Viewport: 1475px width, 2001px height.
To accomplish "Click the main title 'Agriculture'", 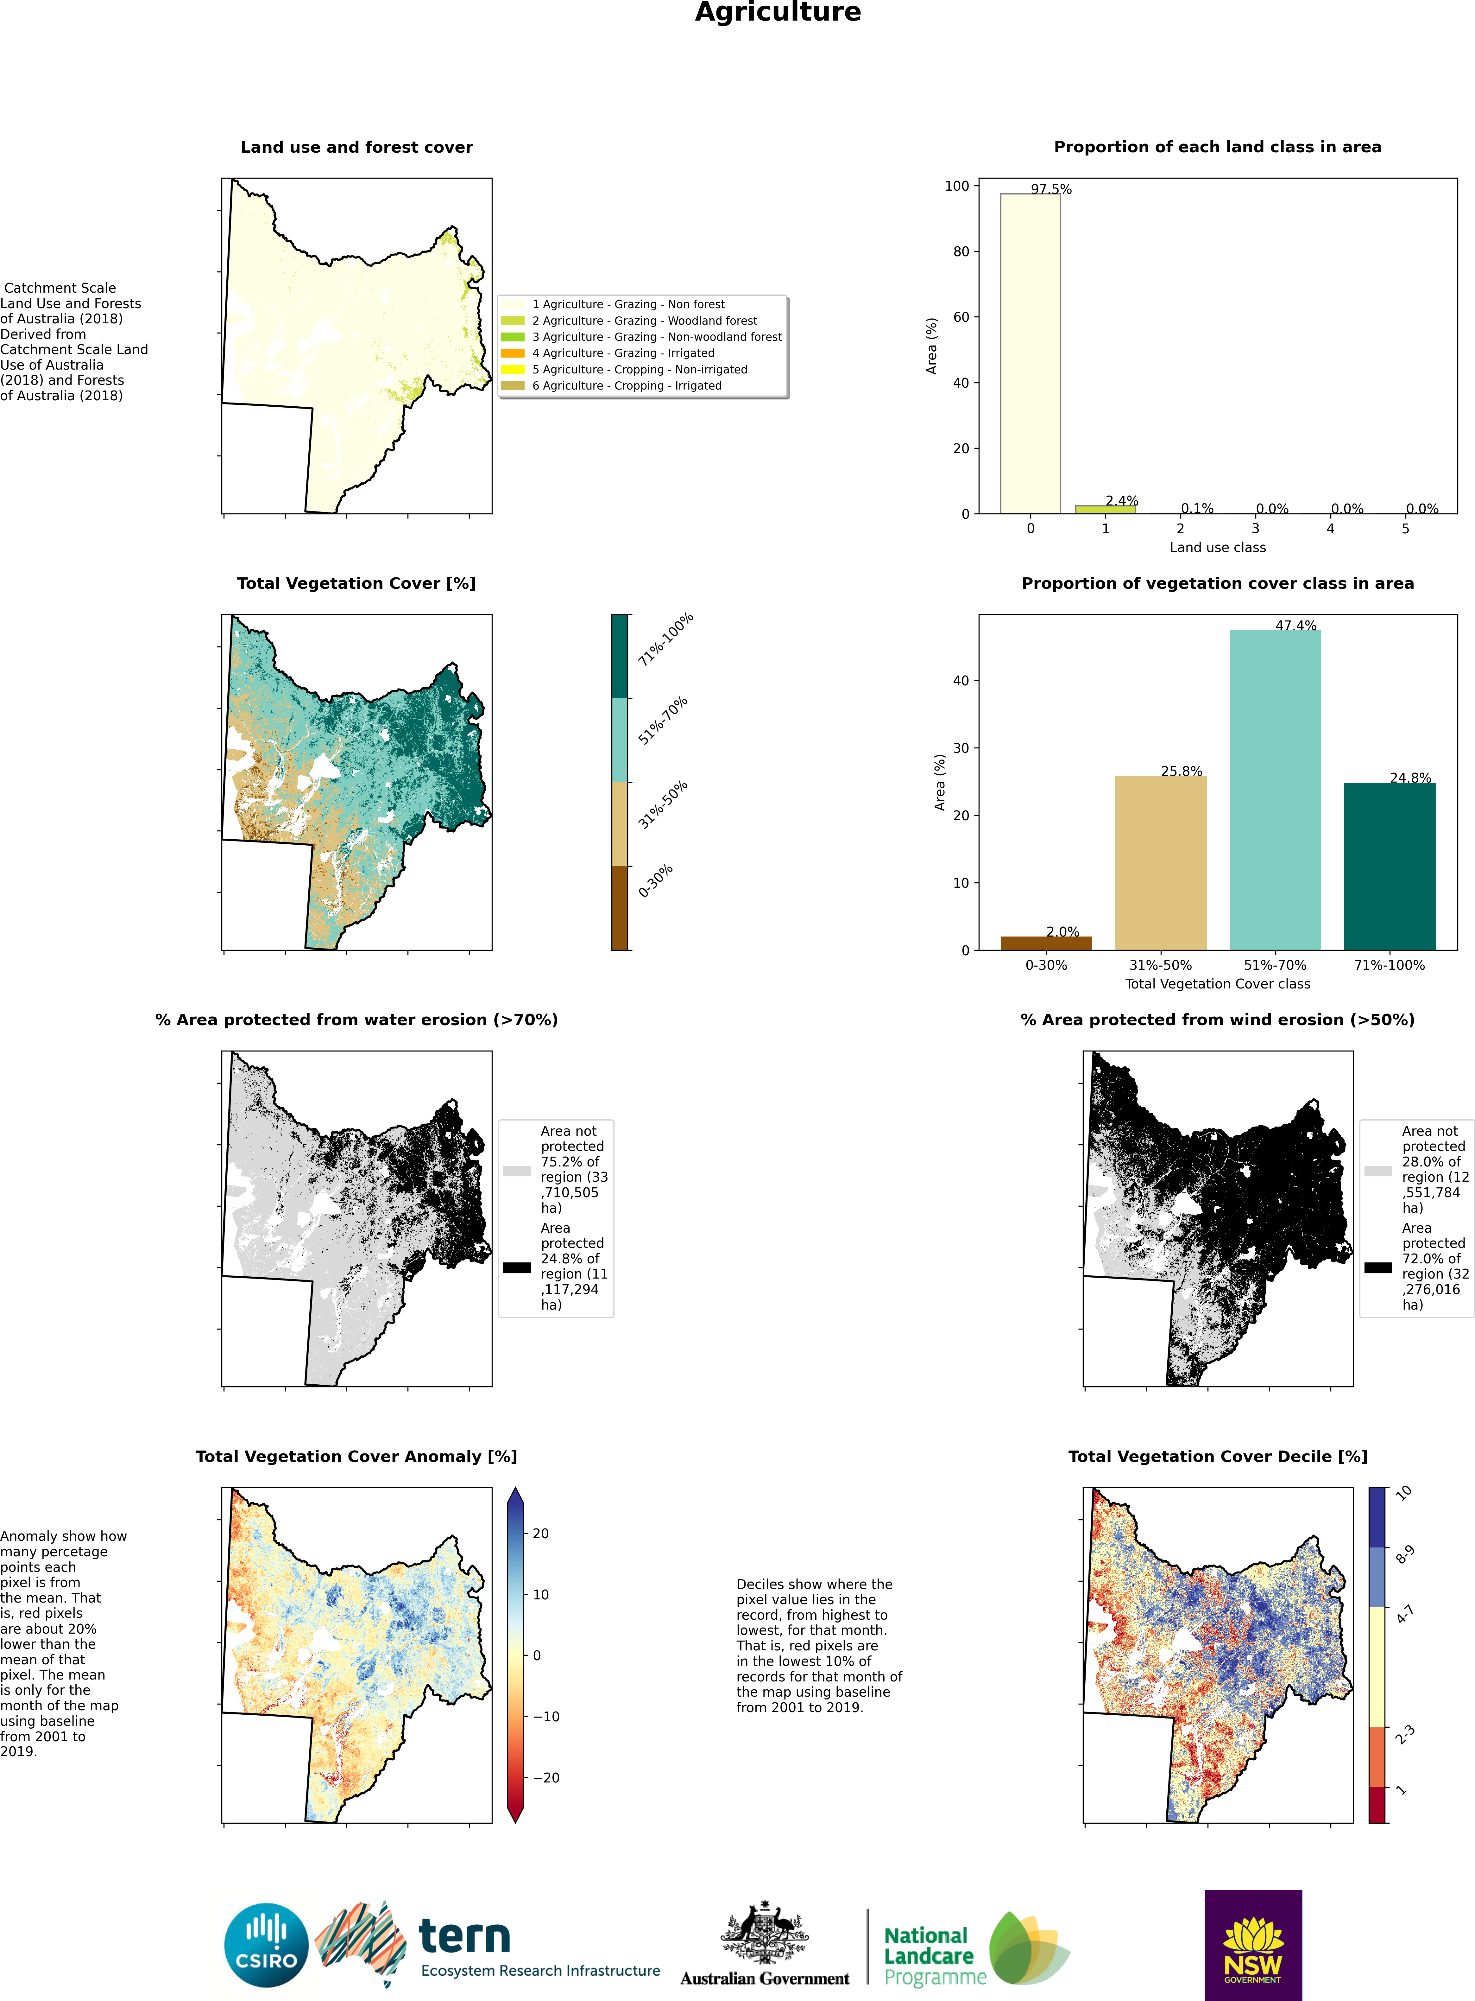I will pos(778,12).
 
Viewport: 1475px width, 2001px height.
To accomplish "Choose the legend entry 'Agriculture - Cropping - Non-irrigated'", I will pos(639,369).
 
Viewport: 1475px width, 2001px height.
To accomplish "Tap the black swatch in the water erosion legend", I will pos(516,1267).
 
